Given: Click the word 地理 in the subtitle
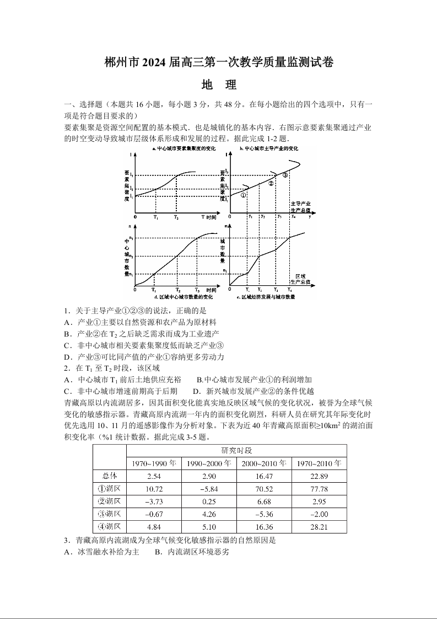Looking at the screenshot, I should tap(219, 85).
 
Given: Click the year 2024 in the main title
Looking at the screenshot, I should tap(160, 62).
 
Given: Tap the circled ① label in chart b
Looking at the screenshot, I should tap(243, 195).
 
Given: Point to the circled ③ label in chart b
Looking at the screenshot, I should tap(285, 175).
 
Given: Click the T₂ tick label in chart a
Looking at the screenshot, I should tap(176, 217).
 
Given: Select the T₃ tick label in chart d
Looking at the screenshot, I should tap(197, 290).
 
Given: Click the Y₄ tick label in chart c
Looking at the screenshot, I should tap(289, 290).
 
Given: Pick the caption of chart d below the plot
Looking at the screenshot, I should tap(179, 297).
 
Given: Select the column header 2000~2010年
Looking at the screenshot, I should tap(264, 463).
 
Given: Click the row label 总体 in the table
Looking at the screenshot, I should tap(109, 476).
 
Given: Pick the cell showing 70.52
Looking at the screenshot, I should tap(264, 489).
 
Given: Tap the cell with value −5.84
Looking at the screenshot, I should tap(209, 489).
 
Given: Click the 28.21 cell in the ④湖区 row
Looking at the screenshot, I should tap(319, 527).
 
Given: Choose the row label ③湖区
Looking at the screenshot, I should tap(109, 514).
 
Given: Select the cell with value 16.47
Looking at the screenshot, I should tap(264, 476).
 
